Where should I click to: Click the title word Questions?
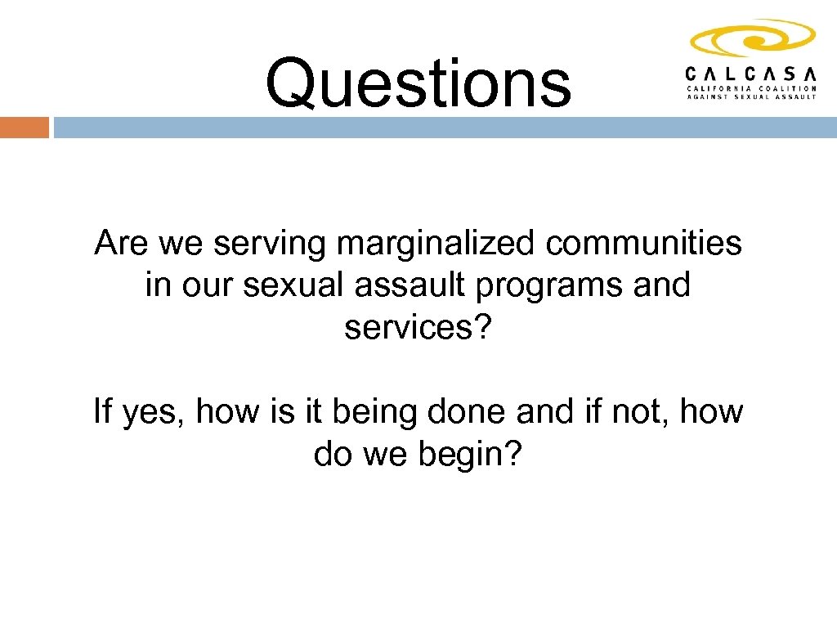418,83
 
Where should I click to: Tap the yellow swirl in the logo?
752,39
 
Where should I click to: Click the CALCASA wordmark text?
751,74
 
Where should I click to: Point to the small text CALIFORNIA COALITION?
751,87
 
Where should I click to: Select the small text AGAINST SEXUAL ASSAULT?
751,96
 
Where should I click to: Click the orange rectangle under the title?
25,128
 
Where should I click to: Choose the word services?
418,328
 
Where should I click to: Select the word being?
375,411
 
